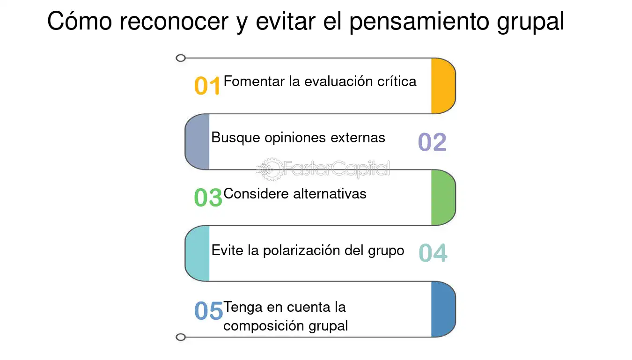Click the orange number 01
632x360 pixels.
pos(207,86)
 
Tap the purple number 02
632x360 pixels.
pos(432,142)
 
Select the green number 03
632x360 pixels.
pos(208,197)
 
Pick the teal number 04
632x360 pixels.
pos(433,253)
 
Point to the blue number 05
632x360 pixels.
pos(208,310)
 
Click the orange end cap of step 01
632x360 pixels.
pos(443,86)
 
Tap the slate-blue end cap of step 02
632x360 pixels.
pos(197,142)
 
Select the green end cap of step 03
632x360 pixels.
pos(443,198)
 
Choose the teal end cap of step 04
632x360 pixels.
pos(197,253)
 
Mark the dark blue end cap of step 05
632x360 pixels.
pos(443,309)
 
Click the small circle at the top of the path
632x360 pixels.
pos(181,58)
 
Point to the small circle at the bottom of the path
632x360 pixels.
pos(181,337)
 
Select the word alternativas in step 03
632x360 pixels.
pos(330,194)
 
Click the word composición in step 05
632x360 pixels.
pos(264,326)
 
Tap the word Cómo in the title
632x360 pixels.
pos(80,21)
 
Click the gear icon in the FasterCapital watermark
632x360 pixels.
pos(271,169)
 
